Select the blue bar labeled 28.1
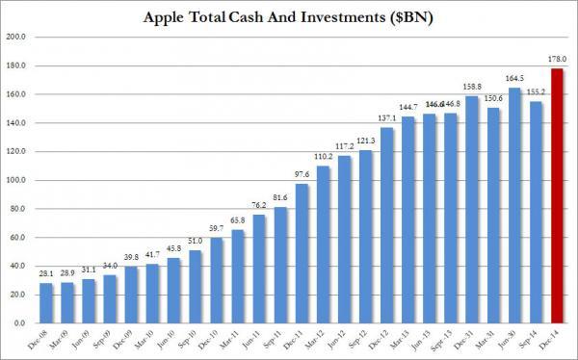pyautogui.click(x=45, y=303)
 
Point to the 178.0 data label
pyautogui.click(x=556, y=59)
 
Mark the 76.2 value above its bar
pyautogui.click(x=259, y=205)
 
